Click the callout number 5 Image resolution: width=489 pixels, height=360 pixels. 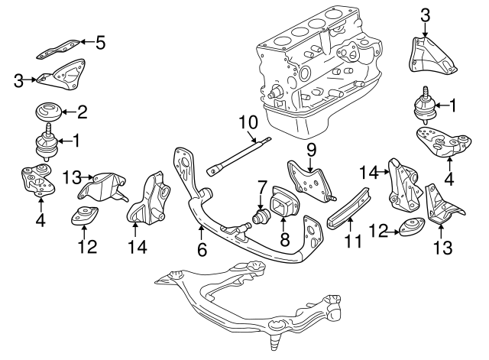(99, 42)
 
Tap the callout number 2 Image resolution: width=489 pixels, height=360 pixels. (83, 112)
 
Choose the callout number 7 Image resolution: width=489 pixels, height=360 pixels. (262, 186)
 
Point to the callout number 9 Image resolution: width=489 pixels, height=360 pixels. (312, 147)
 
